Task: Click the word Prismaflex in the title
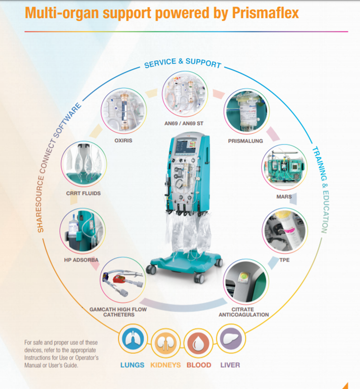coord(265,13)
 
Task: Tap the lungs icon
coord(133,339)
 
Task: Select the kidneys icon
coord(165,343)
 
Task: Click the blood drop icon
coord(198,343)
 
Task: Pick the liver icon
coord(231,339)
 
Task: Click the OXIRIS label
coord(123,141)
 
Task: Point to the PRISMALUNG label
coord(245,141)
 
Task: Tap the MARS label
coord(284,197)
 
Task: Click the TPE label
coord(284,260)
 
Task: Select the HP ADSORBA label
coord(81,260)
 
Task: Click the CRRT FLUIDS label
coord(83,193)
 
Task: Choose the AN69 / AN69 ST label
coord(184,123)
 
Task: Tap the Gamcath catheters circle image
coord(123,280)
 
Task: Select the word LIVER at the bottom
coord(230,365)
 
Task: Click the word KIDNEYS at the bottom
coord(166,365)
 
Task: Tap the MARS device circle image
coord(284,167)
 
